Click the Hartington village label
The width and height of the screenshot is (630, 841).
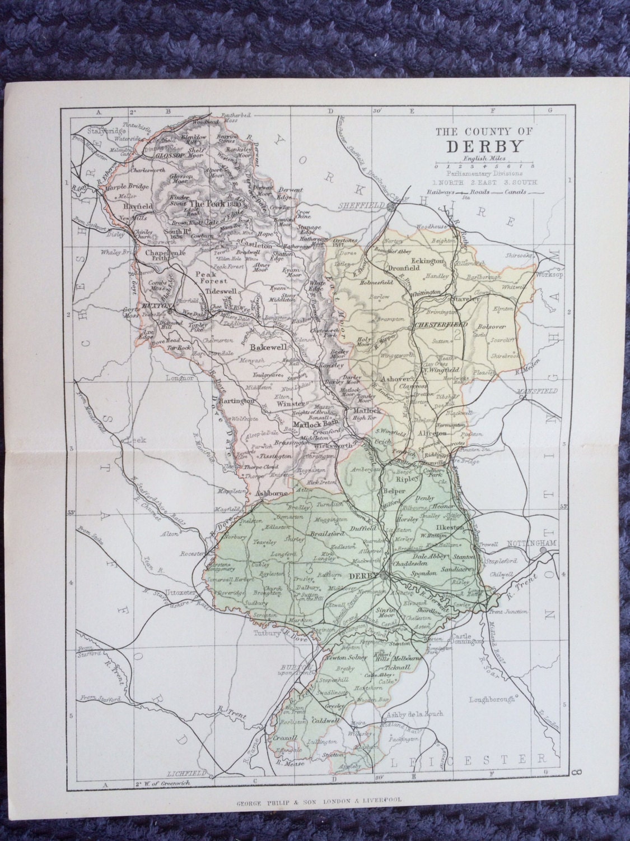tap(238, 401)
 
